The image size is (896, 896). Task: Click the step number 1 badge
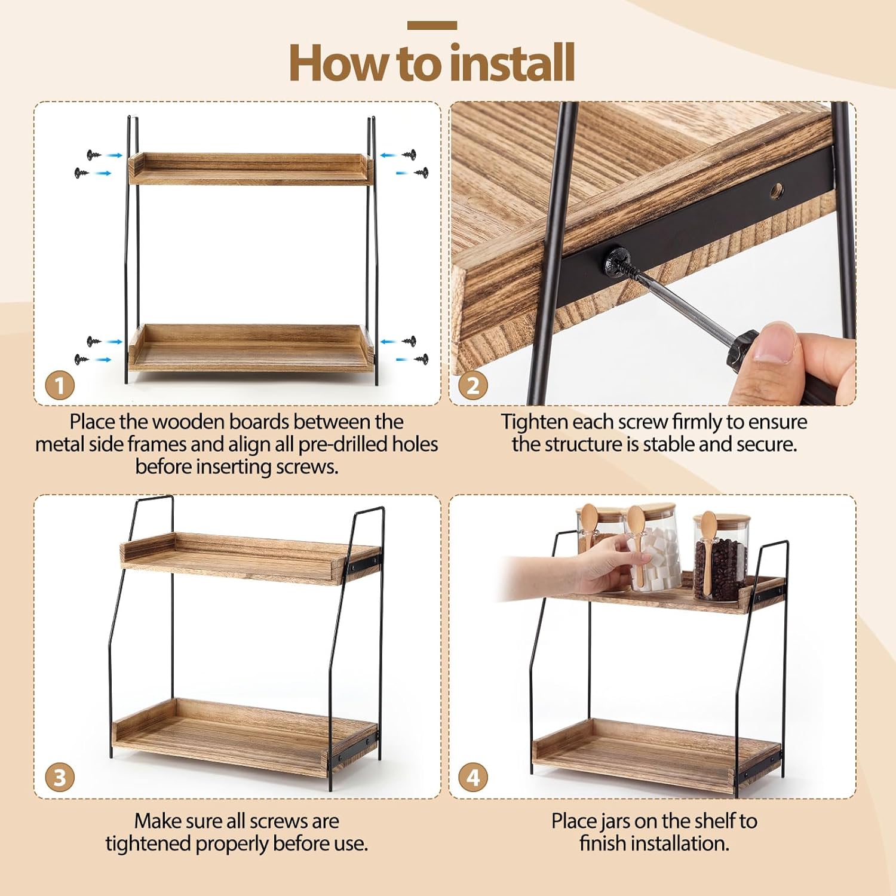click(60, 385)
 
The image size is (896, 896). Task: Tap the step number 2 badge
click(473, 385)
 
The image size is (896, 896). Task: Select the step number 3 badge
click(60, 778)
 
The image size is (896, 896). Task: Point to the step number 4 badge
click(473, 778)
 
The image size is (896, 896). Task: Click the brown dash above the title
click(432, 25)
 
